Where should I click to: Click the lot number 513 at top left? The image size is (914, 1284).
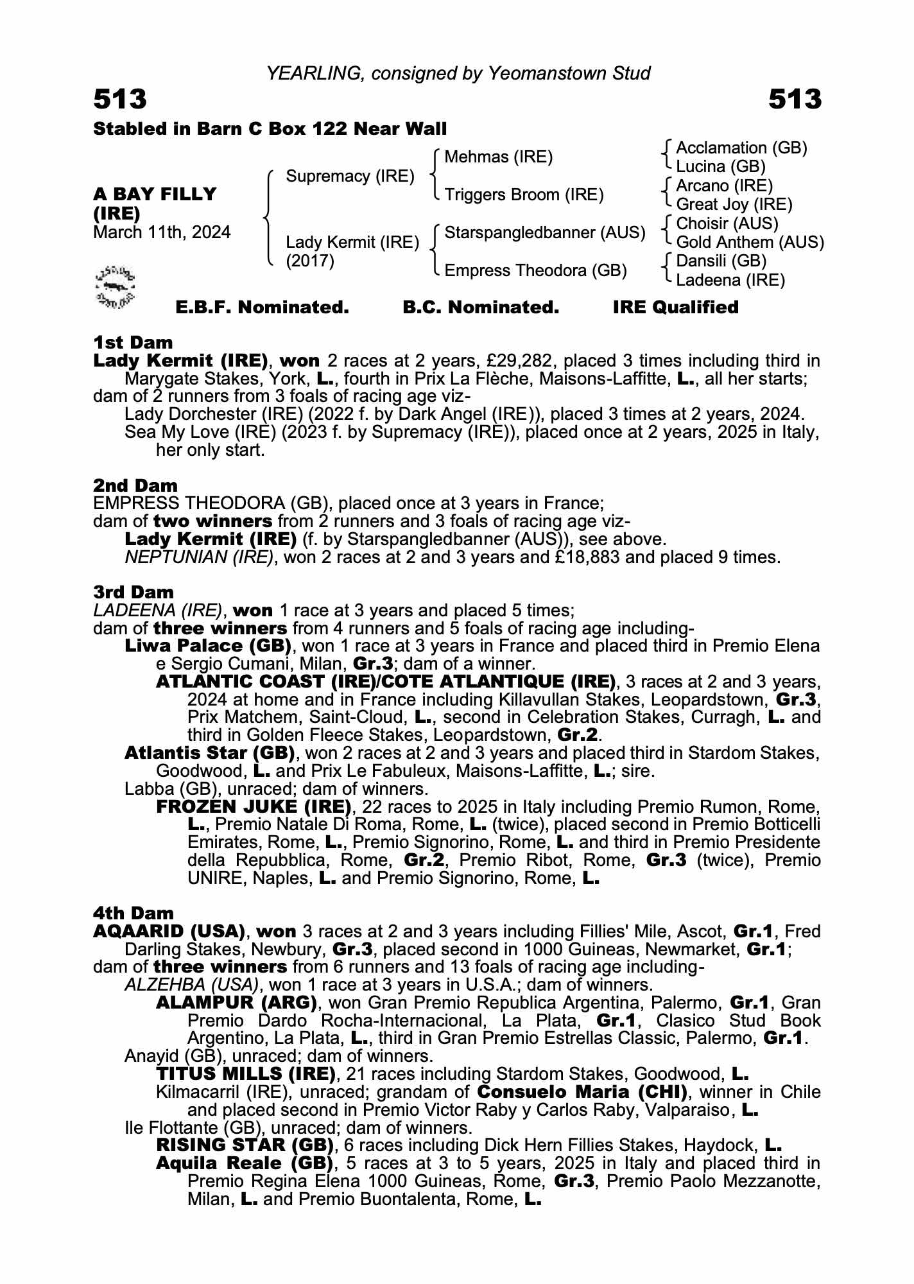pos(120,100)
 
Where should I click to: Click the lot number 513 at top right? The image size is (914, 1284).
pos(794,100)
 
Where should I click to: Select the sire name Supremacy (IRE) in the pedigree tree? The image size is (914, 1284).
pos(350,176)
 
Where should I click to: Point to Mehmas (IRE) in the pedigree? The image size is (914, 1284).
pos(498,157)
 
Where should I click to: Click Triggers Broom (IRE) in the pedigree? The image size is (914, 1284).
pos(524,195)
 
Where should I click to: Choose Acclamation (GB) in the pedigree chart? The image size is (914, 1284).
pos(741,148)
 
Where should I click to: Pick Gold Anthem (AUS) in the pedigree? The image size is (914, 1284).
pos(750,242)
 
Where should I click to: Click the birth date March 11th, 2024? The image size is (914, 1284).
pos(162,232)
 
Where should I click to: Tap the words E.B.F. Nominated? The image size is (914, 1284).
pos(262,308)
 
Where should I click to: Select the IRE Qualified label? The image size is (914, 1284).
pos(675,308)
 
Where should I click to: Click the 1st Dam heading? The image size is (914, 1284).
pos(133,342)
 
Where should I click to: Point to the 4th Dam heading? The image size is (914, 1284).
pos(134,913)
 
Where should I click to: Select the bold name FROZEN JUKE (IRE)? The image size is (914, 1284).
pos(254,806)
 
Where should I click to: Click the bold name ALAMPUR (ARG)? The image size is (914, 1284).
pos(237,1002)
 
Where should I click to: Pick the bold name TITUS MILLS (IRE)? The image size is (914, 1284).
pos(246,1073)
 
